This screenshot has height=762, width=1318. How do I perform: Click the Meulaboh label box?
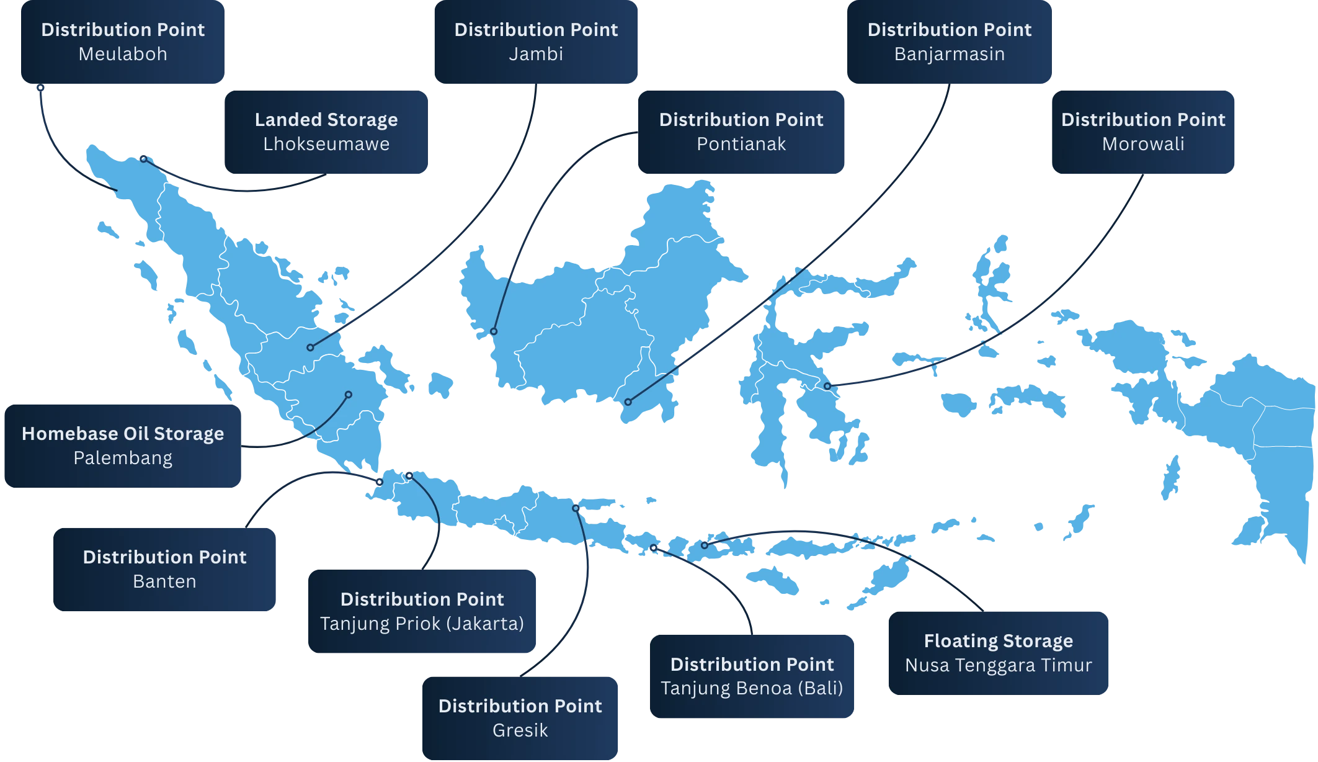click(x=123, y=42)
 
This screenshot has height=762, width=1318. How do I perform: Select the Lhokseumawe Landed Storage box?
click(x=326, y=132)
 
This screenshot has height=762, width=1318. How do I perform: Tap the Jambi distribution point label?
click(x=536, y=42)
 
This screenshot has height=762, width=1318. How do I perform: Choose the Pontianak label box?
click(x=741, y=132)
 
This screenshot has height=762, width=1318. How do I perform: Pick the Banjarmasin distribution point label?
click(x=949, y=42)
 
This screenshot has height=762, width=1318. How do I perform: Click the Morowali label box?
click(x=1143, y=132)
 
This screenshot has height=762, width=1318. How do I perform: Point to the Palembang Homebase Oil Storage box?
click(x=123, y=446)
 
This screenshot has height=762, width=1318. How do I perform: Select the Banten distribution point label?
click(x=164, y=569)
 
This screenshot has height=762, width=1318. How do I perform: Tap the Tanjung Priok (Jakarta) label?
click(x=422, y=611)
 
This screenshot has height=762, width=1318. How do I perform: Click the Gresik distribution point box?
click(x=520, y=718)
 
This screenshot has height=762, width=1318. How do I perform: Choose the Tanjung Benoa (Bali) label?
click(x=752, y=676)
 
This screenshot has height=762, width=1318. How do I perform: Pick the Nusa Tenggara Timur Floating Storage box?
click(x=999, y=653)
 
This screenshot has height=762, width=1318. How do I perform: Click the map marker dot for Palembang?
click(x=349, y=395)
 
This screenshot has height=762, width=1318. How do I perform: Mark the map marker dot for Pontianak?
click(x=494, y=331)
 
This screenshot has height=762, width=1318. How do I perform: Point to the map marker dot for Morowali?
click(x=827, y=386)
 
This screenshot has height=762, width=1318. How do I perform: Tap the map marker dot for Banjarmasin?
click(x=628, y=402)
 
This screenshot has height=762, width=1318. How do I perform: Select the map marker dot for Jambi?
click(x=310, y=347)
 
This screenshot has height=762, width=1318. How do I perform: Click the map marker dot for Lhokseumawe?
click(x=143, y=159)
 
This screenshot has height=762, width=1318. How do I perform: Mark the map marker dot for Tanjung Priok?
click(x=409, y=475)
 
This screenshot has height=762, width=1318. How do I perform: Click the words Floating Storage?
click(x=999, y=640)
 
